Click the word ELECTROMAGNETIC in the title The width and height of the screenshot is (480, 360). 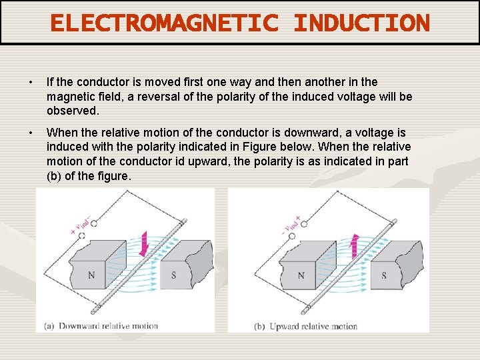tap(167, 23)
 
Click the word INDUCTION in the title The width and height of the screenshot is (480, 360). tap(362, 23)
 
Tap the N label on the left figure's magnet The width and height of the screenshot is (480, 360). tap(92, 275)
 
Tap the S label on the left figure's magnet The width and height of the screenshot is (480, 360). tap(173, 275)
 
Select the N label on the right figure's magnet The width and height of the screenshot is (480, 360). tap(301, 275)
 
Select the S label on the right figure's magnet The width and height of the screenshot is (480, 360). tap(383, 275)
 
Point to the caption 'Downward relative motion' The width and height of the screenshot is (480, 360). tap(108, 326)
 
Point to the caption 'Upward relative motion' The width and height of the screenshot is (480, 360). tap(313, 327)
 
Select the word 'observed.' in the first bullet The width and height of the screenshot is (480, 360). tap(73, 111)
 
